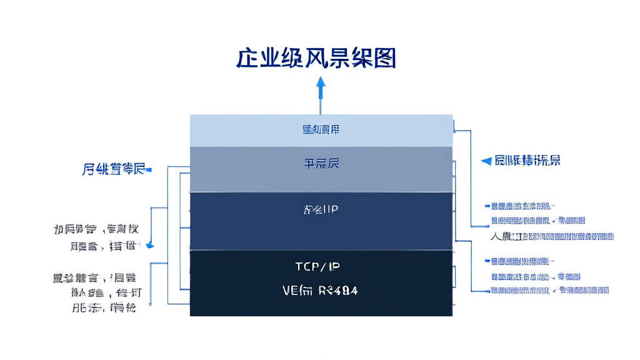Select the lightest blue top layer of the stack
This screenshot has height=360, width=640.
click(x=321, y=130)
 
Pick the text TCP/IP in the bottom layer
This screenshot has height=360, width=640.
click(x=317, y=267)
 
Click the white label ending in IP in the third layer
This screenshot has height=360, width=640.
click(x=321, y=209)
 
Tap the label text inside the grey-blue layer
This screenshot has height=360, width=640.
click(x=322, y=164)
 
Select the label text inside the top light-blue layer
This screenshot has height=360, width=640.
click(x=321, y=130)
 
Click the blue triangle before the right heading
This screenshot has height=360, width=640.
click(x=486, y=161)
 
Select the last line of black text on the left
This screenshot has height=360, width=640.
click(x=103, y=308)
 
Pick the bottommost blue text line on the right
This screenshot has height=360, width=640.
click(x=549, y=291)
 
